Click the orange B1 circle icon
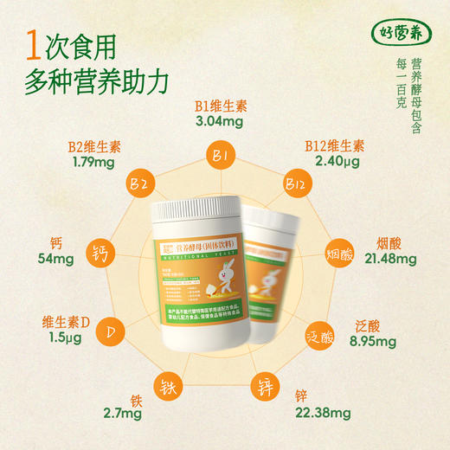(x=221, y=157)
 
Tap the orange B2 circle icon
(x=139, y=185)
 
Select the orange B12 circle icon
(x=295, y=183)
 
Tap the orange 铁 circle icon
(x=167, y=387)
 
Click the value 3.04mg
(x=221, y=122)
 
